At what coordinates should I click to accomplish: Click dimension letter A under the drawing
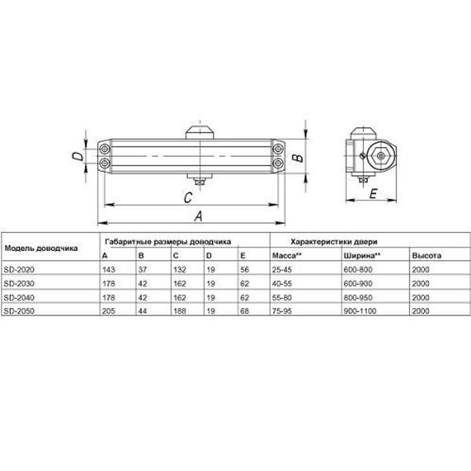(x=199, y=216)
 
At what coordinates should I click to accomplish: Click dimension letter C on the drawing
(x=187, y=198)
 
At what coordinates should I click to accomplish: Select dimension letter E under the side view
(x=373, y=193)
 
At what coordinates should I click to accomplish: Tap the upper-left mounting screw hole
(x=104, y=149)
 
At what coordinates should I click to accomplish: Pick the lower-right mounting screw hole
(x=278, y=163)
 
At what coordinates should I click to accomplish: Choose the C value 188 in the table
(x=179, y=311)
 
